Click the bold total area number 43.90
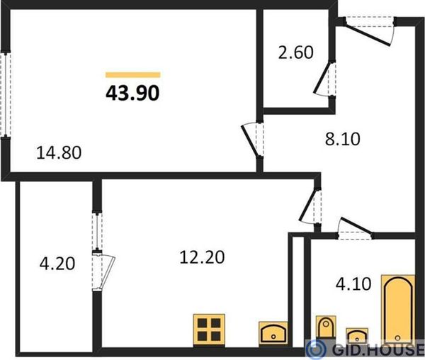[x=132, y=93]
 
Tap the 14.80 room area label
[x=59, y=152]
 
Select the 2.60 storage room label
[x=295, y=52]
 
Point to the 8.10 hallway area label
[x=343, y=139]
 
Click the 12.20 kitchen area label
[x=202, y=257]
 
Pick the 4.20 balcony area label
[x=57, y=264]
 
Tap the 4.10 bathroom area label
[x=353, y=284]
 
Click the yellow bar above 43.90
[x=133, y=75]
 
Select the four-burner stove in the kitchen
[x=209, y=330]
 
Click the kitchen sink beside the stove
[x=273, y=333]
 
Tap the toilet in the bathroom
[x=326, y=327]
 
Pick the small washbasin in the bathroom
[x=357, y=336]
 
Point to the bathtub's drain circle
[x=397, y=338]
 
